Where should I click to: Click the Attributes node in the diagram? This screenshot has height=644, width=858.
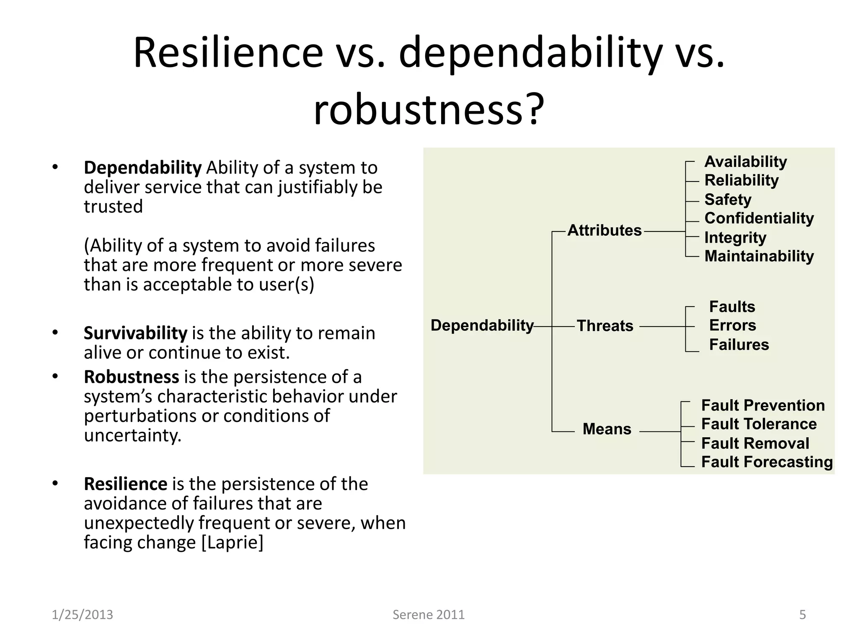pyautogui.click(x=604, y=231)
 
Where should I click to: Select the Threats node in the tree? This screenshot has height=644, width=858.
pyautogui.click(x=605, y=326)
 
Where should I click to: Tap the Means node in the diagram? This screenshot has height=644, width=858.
pyautogui.click(x=607, y=429)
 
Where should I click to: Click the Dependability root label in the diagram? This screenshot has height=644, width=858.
pyautogui.click(x=482, y=325)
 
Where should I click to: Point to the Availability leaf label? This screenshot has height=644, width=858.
pyautogui.click(x=745, y=161)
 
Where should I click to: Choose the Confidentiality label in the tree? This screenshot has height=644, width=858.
pyautogui.click(x=759, y=218)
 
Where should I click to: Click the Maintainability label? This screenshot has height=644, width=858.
pyautogui.click(x=759, y=256)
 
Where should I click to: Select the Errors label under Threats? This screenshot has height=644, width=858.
pyautogui.click(x=732, y=325)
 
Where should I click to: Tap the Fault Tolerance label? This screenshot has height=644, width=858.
pyautogui.click(x=759, y=424)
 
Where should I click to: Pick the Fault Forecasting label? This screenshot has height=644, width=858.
pyautogui.click(x=767, y=462)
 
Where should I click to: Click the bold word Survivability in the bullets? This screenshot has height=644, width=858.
pyautogui.click(x=135, y=333)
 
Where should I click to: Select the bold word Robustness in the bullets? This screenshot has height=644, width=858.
pyautogui.click(x=131, y=377)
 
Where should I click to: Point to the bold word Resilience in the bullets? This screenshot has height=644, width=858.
pyautogui.click(x=125, y=484)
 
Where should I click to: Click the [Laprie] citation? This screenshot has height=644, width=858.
pyautogui.click(x=232, y=542)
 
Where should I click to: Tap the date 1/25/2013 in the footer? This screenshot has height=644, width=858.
pyautogui.click(x=82, y=615)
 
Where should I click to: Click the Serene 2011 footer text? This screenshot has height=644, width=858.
pyautogui.click(x=428, y=615)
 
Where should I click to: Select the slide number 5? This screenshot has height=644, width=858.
pyautogui.click(x=802, y=615)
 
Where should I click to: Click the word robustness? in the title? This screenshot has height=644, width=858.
pyautogui.click(x=428, y=109)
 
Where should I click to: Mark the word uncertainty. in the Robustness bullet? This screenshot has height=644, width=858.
pyautogui.click(x=132, y=435)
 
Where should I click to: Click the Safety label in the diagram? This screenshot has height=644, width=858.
pyautogui.click(x=728, y=199)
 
